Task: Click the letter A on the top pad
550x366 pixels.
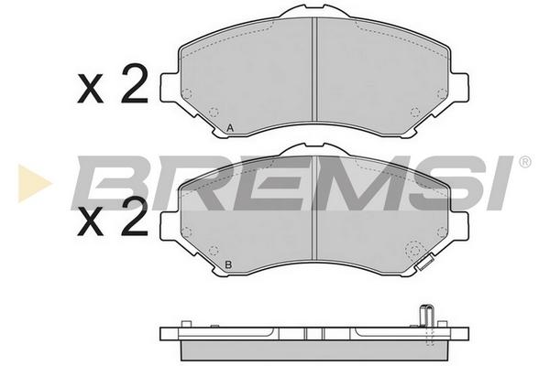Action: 230,128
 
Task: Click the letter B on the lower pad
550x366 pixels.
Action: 228,264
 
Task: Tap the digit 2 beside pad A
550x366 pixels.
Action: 134,84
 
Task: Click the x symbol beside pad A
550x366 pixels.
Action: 91,89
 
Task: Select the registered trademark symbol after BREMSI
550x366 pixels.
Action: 524,162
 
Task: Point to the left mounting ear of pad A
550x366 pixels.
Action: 170,88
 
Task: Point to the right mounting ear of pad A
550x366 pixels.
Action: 459,88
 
